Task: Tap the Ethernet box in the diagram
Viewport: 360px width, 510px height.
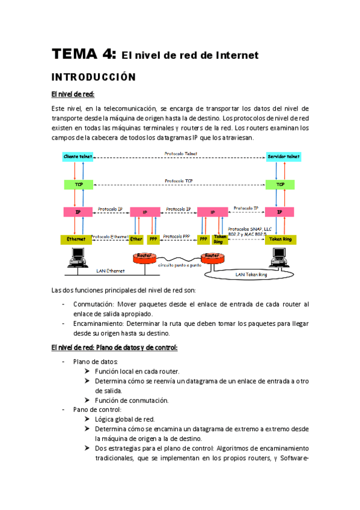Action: click(x=76, y=239)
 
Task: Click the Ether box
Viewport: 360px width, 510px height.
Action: click(x=136, y=239)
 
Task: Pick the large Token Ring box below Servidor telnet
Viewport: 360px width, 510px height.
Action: click(x=279, y=239)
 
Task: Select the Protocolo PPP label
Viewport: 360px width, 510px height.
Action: click(x=177, y=236)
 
